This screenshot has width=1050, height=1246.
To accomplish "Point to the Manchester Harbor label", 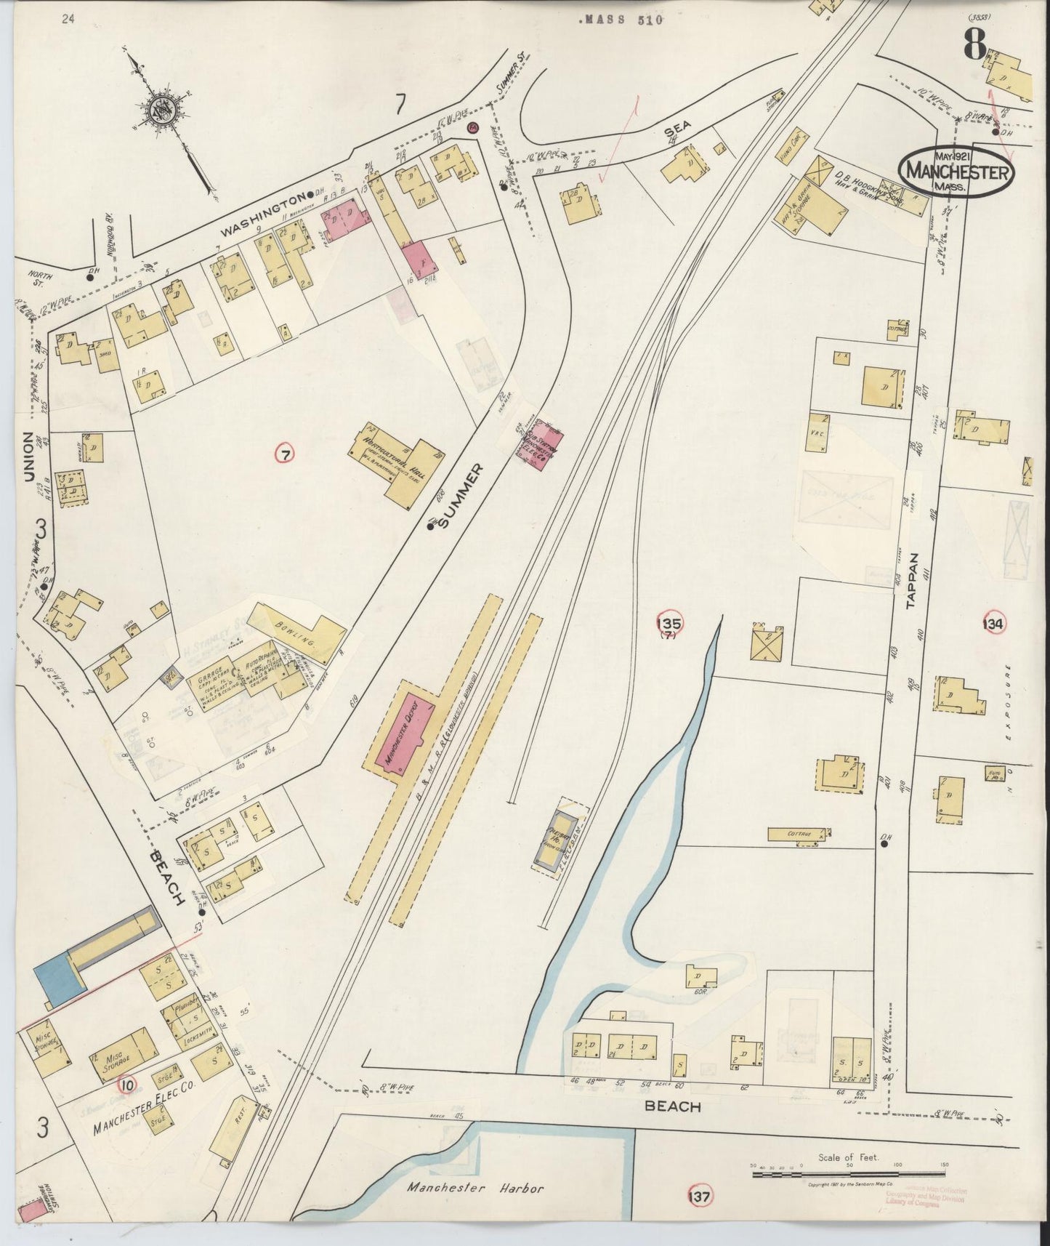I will point(474,1188).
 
